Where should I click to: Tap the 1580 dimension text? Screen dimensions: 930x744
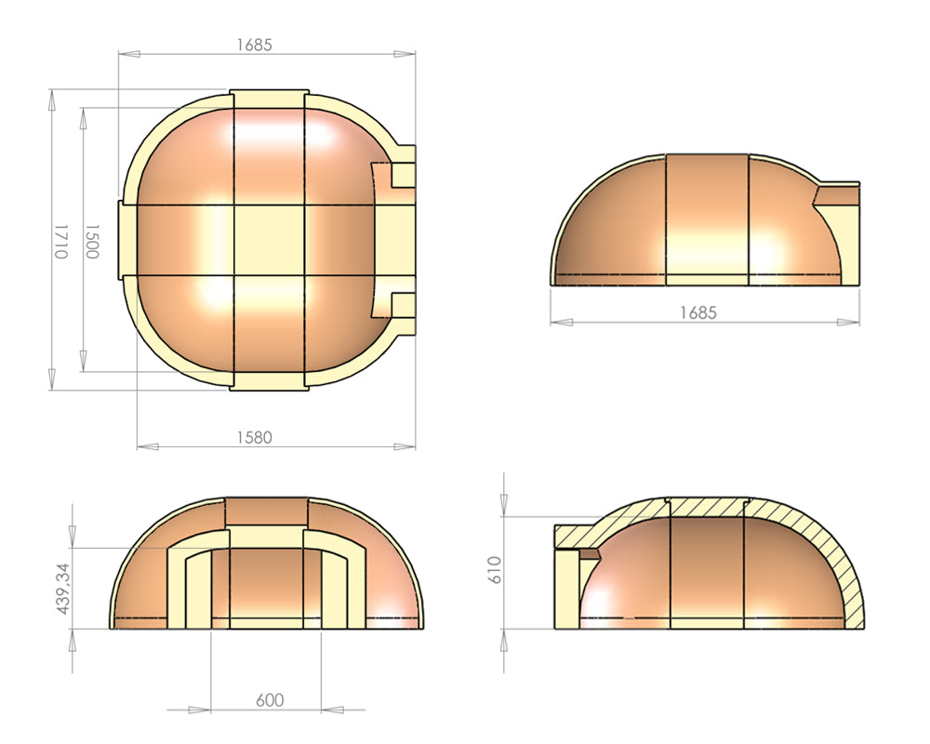[x=254, y=437]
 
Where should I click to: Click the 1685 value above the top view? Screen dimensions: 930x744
[x=254, y=45]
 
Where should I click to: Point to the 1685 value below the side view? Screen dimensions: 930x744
[x=698, y=312]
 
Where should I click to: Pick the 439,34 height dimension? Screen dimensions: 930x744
[x=62, y=588]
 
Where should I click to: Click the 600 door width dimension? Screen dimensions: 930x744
[x=270, y=700]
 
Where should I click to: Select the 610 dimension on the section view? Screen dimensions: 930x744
[x=496, y=569]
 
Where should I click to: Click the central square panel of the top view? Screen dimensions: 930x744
[x=270, y=241]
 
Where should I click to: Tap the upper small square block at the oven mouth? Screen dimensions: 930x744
[x=404, y=175]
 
